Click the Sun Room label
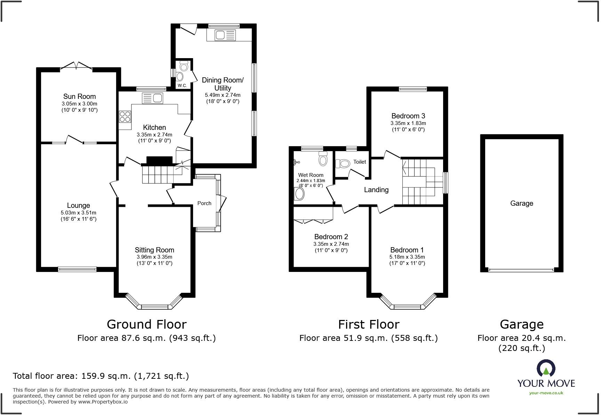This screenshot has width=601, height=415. [x=79, y=96]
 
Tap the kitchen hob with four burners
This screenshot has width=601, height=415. [x=125, y=116]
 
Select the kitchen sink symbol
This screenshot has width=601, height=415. [x=152, y=98]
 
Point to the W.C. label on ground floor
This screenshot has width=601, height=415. [x=182, y=85]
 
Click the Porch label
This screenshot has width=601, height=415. [x=204, y=203]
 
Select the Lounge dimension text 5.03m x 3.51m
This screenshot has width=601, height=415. [x=78, y=213]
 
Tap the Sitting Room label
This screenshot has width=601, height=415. [x=154, y=250]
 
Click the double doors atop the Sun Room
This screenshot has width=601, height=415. [x=76, y=66]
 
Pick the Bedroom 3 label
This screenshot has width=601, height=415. [x=408, y=116]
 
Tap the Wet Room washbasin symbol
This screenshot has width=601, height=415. [x=299, y=194]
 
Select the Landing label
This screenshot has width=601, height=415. [x=376, y=190]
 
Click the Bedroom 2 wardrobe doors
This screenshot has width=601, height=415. [x=313, y=221]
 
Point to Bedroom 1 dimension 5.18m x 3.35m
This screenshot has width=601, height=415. [x=407, y=257]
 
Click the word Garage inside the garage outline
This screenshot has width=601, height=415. [x=521, y=203]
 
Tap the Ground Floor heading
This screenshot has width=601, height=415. [x=146, y=324]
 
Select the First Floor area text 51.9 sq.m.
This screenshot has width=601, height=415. [x=368, y=338]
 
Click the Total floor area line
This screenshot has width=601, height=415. [x=101, y=376]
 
